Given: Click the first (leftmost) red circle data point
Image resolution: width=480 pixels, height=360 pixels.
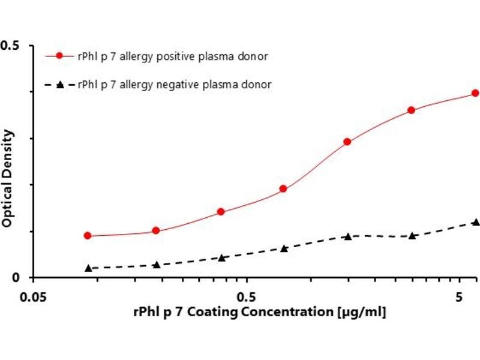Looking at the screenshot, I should [x=88, y=236].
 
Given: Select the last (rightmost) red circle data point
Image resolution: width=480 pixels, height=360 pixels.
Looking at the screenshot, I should [x=475, y=93].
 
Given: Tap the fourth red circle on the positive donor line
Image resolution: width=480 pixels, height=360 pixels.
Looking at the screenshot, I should [x=283, y=189].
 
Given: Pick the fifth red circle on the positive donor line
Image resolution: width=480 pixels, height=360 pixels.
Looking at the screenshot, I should [x=347, y=142].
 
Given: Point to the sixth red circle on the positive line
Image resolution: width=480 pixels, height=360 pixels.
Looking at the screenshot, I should [x=412, y=110].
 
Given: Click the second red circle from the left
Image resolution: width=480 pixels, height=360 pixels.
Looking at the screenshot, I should [x=156, y=230].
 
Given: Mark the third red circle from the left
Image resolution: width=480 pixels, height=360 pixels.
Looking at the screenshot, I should [x=221, y=212].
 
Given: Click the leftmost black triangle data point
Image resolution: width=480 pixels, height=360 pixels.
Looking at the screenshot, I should [x=88, y=268].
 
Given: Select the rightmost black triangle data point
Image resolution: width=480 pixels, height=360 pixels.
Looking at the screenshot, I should [x=476, y=222].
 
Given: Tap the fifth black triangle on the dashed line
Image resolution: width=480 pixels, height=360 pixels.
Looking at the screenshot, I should [x=347, y=236].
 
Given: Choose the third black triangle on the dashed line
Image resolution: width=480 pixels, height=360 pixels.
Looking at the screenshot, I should [x=221, y=258].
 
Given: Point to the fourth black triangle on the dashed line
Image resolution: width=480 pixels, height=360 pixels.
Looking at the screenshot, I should [x=284, y=248].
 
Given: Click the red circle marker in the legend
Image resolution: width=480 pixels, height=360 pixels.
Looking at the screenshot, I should [x=59, y=56].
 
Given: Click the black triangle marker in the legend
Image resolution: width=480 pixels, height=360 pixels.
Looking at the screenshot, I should [x=59, y=85].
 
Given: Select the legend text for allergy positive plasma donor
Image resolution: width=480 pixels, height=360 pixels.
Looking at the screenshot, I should [x=173, y=56].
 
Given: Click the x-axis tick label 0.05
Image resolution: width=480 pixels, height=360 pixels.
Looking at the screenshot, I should [x=33, y=298].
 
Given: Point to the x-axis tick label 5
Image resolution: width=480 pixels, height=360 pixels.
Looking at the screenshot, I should [x=460, y=298].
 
